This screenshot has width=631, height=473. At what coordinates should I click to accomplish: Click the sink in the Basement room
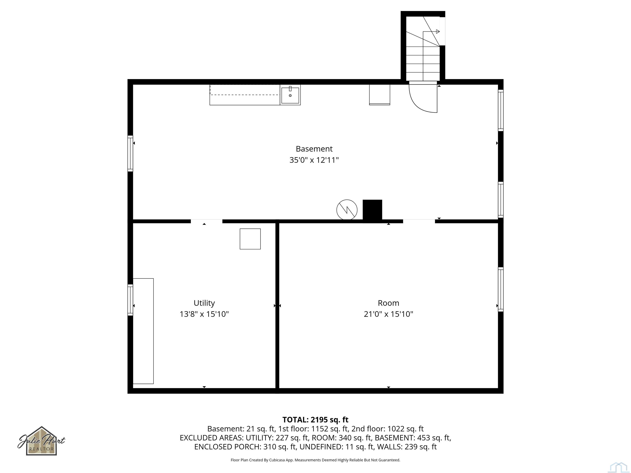(290, 95)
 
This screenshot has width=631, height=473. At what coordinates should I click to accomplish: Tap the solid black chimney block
(372, 210)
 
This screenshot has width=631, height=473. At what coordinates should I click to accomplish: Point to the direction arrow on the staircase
(437, 31)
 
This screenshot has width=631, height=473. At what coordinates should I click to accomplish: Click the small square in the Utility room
(250, 239)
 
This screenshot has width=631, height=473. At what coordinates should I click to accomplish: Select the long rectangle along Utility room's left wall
(143, 331)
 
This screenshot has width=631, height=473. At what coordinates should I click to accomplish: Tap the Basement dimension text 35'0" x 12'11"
(314, 160)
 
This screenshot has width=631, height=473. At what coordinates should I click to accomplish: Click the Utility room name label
(204, 303)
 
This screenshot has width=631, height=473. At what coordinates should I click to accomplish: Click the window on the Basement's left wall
(130, 153)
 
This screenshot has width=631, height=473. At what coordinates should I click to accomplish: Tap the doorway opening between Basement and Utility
(206, 221)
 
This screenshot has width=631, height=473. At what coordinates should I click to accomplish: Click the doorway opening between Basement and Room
(419, 221)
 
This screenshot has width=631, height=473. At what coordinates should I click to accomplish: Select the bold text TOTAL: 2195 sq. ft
(315, 420)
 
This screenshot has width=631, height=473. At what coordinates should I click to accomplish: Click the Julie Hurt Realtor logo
(42, 441)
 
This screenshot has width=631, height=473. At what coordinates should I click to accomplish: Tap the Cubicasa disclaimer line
(315, 460)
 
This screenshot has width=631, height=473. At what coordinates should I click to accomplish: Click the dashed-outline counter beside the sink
(244, 95)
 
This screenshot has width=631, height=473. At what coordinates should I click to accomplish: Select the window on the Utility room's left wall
(130, 300)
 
